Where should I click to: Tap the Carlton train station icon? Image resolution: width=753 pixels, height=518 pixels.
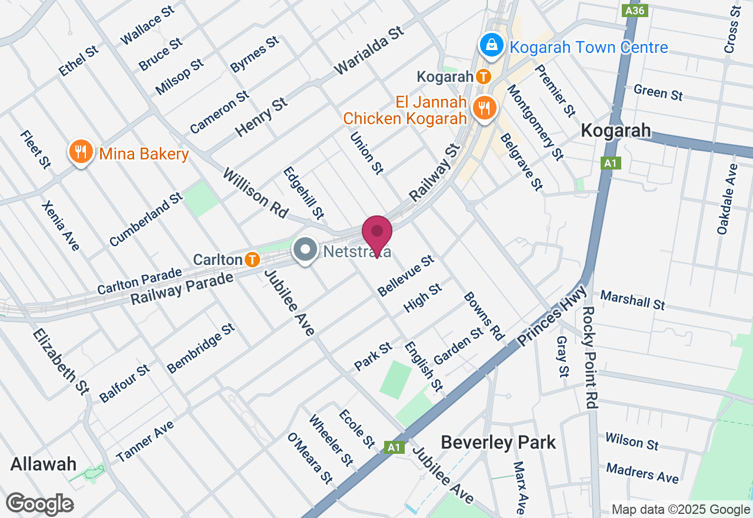click(252, 259)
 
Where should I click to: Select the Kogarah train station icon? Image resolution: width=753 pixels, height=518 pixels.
click(484, 77)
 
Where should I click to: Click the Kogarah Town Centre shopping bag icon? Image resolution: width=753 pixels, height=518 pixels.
click(489, 45)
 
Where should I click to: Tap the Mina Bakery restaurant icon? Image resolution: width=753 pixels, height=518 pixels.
click(81, 152)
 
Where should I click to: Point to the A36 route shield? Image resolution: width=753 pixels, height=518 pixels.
click(636, 11)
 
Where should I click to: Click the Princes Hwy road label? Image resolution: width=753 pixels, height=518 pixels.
click(552, 316)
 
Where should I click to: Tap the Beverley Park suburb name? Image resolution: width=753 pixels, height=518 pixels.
click(498, 442)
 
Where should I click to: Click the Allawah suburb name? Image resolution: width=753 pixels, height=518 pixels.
click(44, 464)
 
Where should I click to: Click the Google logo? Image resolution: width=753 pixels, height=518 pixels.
click(40, 504)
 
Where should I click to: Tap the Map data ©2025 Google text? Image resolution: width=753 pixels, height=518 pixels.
click(681, 510)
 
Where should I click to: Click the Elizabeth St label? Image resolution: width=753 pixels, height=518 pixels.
click(61, 361)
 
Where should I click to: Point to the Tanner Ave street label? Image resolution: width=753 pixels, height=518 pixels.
click(145, 441)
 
